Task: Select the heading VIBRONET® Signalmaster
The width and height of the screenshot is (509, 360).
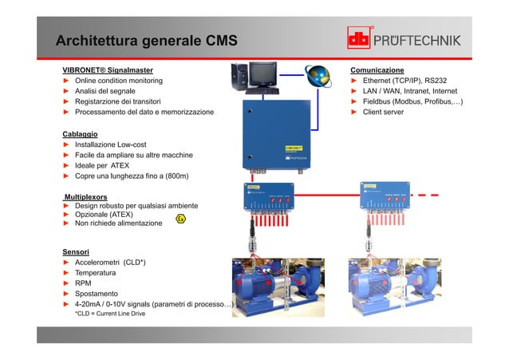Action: point(107,70)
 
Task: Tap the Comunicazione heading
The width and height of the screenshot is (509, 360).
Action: point(377,70)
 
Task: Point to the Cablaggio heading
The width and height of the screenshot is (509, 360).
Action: point(80,133)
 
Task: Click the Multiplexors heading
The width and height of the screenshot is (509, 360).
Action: point(85,196)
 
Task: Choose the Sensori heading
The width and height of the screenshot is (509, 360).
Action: point(76,251)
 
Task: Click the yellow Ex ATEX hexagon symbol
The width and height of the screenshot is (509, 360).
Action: point(181,218)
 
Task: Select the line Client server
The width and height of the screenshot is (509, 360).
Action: point(383,113)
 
